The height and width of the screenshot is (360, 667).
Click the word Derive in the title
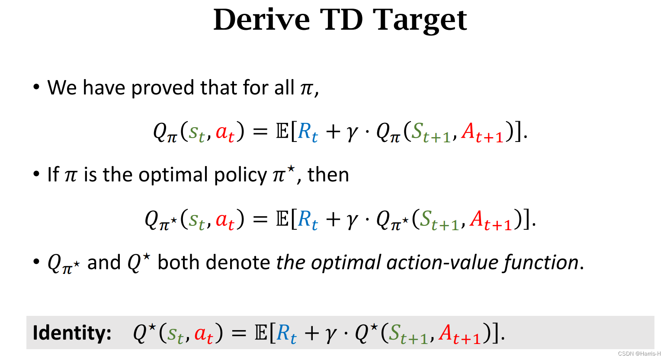(262, 20)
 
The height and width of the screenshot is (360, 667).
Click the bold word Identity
(72, 333)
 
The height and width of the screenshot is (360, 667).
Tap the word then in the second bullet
(328, 175)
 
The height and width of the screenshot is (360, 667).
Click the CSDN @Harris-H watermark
(639, 354)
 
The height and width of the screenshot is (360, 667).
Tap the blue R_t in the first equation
(308, 132)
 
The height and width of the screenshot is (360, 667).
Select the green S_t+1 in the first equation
(431, 132)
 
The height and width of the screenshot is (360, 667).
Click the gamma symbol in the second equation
(352, 220)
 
